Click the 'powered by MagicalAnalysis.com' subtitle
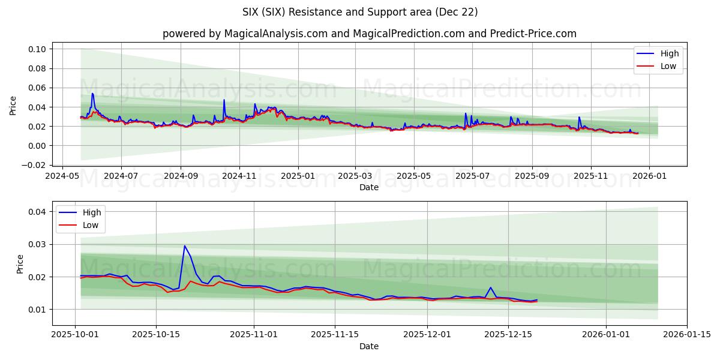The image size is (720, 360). coord(368,34)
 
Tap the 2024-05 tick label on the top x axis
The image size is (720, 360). coord(62,177)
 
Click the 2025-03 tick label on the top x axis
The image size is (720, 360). coord(355,177)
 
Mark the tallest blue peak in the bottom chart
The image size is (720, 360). coord(184,245)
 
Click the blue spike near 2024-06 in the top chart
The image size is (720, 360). coord(92,94)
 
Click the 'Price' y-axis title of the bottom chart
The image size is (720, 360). coord(20,264)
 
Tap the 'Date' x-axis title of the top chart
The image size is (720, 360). coord(368,188)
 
